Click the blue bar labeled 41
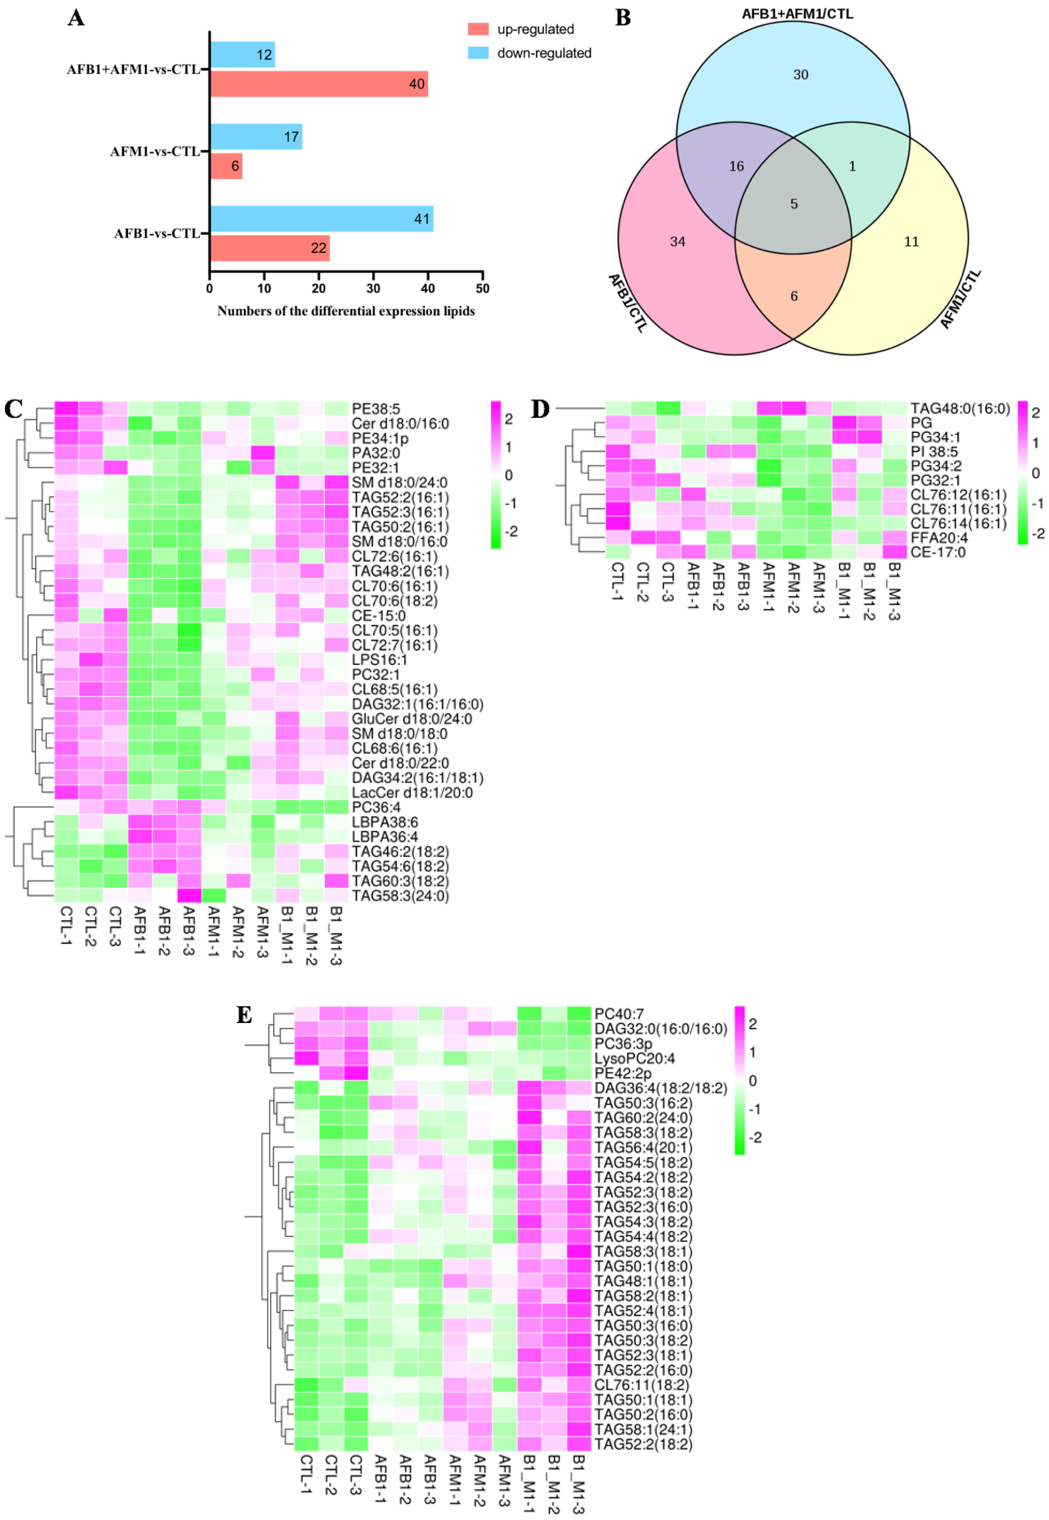tap(322, 219)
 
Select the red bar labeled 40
tap(319, 84)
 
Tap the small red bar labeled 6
tap(226, 166)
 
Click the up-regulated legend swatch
tap(478, 29)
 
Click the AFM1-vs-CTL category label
tap(155, 152)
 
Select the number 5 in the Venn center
tap(793, 204)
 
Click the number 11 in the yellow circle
tap(911, 242)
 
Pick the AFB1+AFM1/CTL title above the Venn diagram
tap(797, 14)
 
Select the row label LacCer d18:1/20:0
tap(412, 792)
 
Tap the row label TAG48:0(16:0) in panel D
tap(960, 409)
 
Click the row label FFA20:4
tap(939, 537)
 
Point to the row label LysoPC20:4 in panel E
tap(634, 1058)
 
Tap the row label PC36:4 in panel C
tap(376, 807)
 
